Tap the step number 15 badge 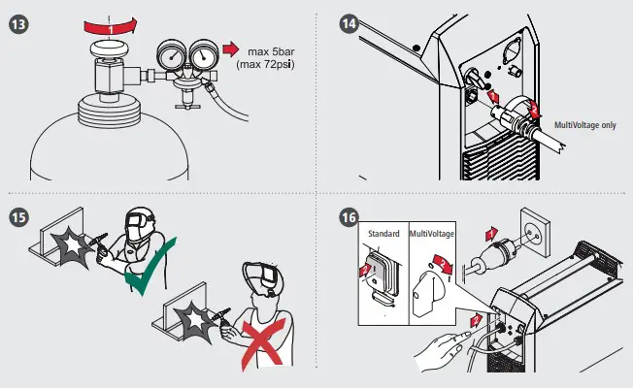pos(17,215)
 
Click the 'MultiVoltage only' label pos(584,125)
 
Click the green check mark pos(145,273)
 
